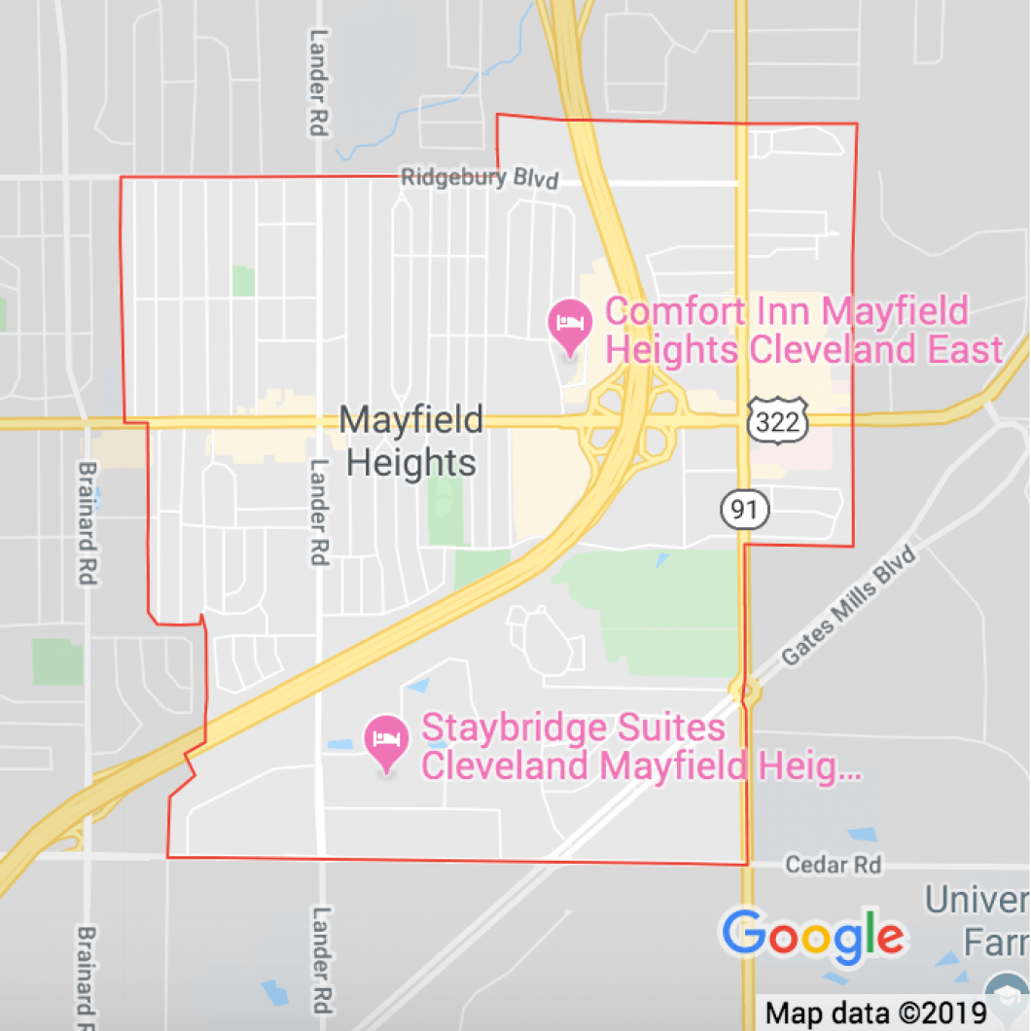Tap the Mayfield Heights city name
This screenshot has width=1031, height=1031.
click(x=411, y=442)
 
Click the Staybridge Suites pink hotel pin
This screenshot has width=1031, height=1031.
click(x=387, y=742)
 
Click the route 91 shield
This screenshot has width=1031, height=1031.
click(x=745, y=508)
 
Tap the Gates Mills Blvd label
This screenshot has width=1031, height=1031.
click(x=848, y=607)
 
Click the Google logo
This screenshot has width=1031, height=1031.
click(x=813, y=936)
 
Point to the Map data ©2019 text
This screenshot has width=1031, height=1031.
click(x=875, y=1013)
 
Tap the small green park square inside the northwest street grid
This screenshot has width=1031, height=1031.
click(x=243, y=281)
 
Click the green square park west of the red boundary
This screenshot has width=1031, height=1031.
click(x=57, y=661)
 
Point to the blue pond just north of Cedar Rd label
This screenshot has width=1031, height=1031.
click(x=861, y=835)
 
